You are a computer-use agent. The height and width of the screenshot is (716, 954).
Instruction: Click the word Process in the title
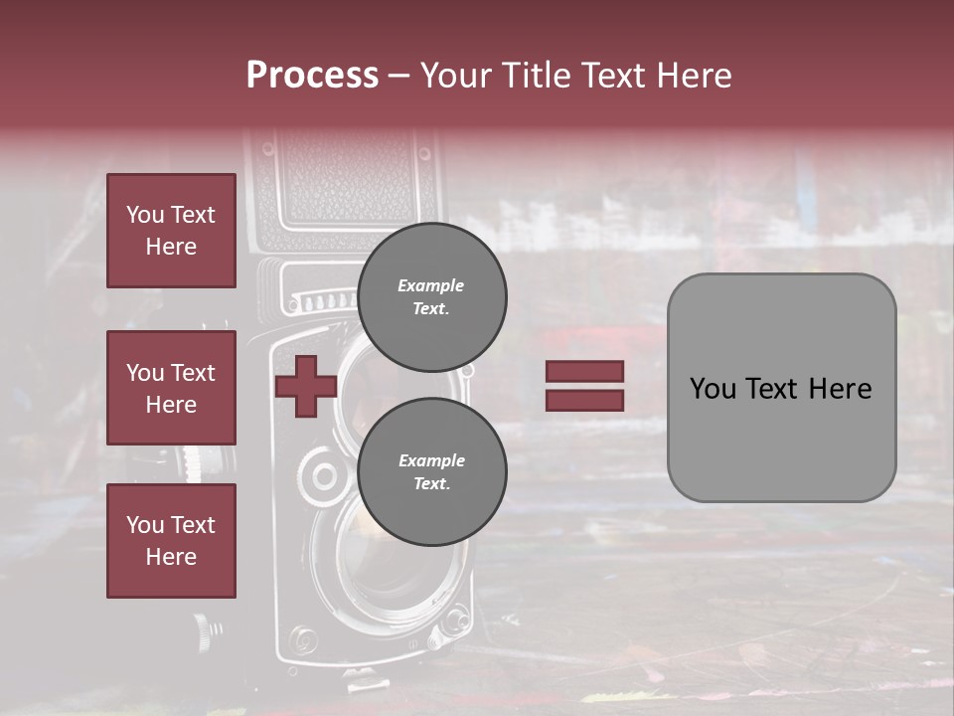pyautogui.click(x=312, y=76)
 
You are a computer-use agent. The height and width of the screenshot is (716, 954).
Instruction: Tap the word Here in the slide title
pyautogui.click(x=690, y=76)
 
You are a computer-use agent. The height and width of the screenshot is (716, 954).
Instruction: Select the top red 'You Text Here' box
pyautogui.click(x=171, y=231)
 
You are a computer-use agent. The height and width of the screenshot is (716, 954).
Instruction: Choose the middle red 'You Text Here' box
pyautogui.click(x=171, y=388)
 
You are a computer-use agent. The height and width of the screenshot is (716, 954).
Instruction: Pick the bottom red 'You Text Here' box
pyautogui.click(x=171, y=540)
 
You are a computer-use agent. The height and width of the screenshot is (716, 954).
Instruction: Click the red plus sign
pyautogui.click(x=305, y=386)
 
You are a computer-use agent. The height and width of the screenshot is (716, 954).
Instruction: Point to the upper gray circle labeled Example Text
pyautogui.click(x=431, y=296)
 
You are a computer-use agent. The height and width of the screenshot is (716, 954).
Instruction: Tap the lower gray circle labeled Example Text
pyautogui.click(x=431, y=471)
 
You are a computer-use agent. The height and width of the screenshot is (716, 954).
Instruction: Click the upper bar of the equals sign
pyautogui.click(x=584, y=371)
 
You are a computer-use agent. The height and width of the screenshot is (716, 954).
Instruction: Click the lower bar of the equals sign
pyautogui.click(x=584, y=400)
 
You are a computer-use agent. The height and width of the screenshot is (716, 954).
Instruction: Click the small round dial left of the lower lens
pyautogui.click(x=323, y=475)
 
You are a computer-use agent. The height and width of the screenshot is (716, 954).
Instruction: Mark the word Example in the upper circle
pyautogui.click(x=430, y=285)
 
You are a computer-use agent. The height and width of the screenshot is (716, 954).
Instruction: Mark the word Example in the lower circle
pyautogui.click(x=431, y=460)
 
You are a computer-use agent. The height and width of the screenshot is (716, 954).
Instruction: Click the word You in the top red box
pyautogui.click(x=143, y=215)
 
